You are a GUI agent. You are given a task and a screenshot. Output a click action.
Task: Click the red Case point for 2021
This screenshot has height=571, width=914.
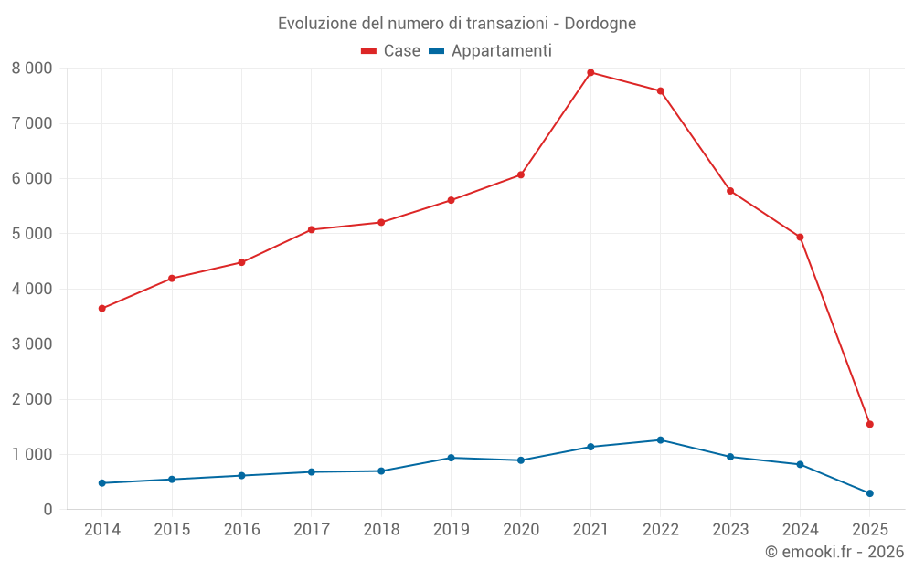point(590,72)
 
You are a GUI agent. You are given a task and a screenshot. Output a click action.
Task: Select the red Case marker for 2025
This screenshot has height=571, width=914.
point(869,424)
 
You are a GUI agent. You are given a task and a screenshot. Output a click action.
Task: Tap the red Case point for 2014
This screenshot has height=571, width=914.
point(101,309)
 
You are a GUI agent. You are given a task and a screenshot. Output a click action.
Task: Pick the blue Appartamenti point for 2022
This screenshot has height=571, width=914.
point(660,439)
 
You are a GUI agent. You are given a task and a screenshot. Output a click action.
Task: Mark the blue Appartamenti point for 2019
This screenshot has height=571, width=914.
point(451,458)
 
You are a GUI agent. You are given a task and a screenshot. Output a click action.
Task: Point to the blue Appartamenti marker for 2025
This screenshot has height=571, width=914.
point(869,493)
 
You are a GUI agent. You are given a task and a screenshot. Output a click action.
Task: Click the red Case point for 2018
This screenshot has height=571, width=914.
point(381,222)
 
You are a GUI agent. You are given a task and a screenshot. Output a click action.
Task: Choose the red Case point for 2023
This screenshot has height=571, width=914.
point(730,191)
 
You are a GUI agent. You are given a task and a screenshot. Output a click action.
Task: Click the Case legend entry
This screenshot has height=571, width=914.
point(391,51)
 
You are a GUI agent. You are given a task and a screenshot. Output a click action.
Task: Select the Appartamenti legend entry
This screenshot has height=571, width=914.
point(491,51)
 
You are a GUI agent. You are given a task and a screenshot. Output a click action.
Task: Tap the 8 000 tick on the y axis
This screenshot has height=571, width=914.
point(32,69)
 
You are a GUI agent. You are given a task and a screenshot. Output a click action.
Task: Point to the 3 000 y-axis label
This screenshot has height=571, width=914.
point(32,344)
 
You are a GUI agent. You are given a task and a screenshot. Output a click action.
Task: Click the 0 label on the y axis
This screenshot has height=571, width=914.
point(48,510)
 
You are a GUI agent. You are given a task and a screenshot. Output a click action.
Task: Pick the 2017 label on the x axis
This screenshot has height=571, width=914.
point(311,529)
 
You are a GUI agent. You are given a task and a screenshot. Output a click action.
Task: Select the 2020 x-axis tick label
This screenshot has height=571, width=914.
point(520,529)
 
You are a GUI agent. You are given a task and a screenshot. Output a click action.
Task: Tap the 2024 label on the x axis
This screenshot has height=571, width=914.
point(800,529)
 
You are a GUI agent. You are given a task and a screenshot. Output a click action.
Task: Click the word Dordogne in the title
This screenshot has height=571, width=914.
point(599,23)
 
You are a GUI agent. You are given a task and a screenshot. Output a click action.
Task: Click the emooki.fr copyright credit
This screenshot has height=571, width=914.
point(834,552)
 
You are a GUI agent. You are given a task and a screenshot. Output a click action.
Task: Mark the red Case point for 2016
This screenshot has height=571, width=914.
point(241,262)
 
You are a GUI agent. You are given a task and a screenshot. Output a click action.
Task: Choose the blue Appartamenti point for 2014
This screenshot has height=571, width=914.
point(101,483)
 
